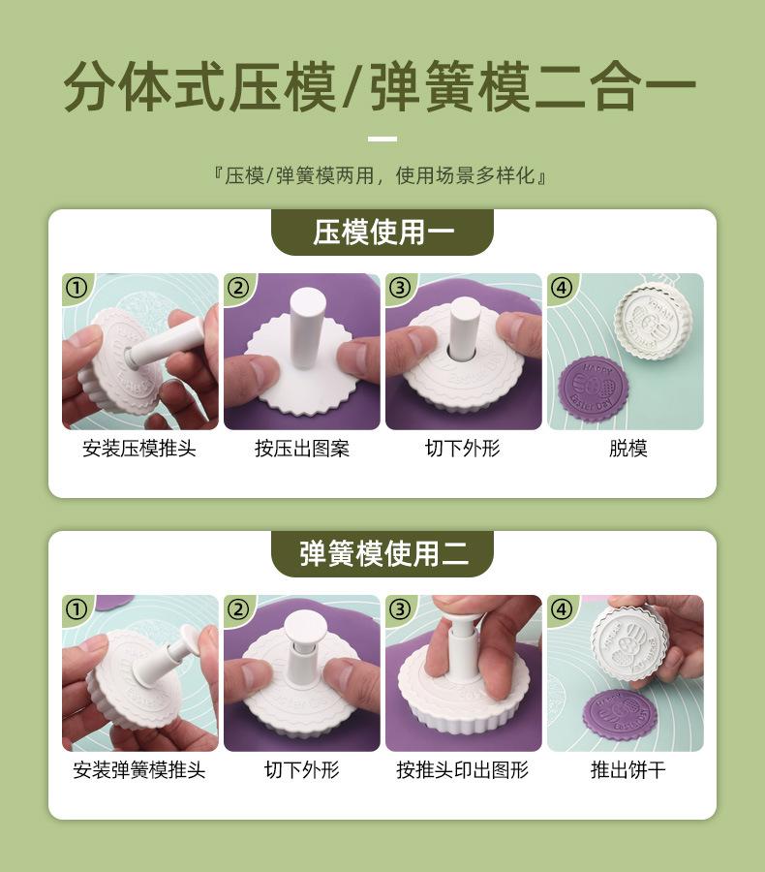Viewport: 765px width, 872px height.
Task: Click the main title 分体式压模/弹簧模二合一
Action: (380, 87)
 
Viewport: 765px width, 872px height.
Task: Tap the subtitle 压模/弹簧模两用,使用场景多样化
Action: (382, 175)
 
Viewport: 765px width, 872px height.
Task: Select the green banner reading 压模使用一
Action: (382, 232)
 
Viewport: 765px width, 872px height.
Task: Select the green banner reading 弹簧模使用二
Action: (382, 554)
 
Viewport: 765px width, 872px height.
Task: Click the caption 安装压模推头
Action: (139, 449)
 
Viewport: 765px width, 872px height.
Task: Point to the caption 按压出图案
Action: (302, 449)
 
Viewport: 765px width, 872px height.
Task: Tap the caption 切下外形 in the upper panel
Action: (463, 449)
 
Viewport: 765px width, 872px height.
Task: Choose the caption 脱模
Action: (628, 449)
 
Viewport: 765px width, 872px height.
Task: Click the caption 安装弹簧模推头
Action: (139, 770)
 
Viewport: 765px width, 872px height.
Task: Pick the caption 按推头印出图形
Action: (463, 770)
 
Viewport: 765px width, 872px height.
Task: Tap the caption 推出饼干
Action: (628, 770)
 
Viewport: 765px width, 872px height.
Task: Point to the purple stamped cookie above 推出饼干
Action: (617, 716)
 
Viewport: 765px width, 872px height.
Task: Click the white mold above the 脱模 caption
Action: (654, 323)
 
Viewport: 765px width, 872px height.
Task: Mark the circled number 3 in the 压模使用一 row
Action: (400, 288)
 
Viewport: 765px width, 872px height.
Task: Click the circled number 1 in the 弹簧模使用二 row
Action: (76, 609)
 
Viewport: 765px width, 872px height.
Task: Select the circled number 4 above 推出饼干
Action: (562, 609)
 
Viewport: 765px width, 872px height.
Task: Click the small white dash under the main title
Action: (382, 139)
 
